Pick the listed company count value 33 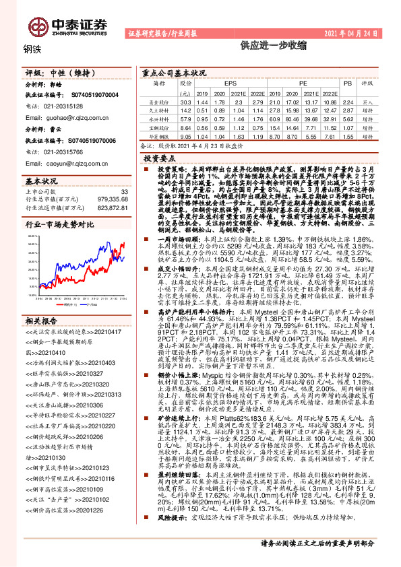(x=123, y=192)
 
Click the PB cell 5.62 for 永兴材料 (x=348, y=117)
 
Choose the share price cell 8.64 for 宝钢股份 (x=185, y=126)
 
